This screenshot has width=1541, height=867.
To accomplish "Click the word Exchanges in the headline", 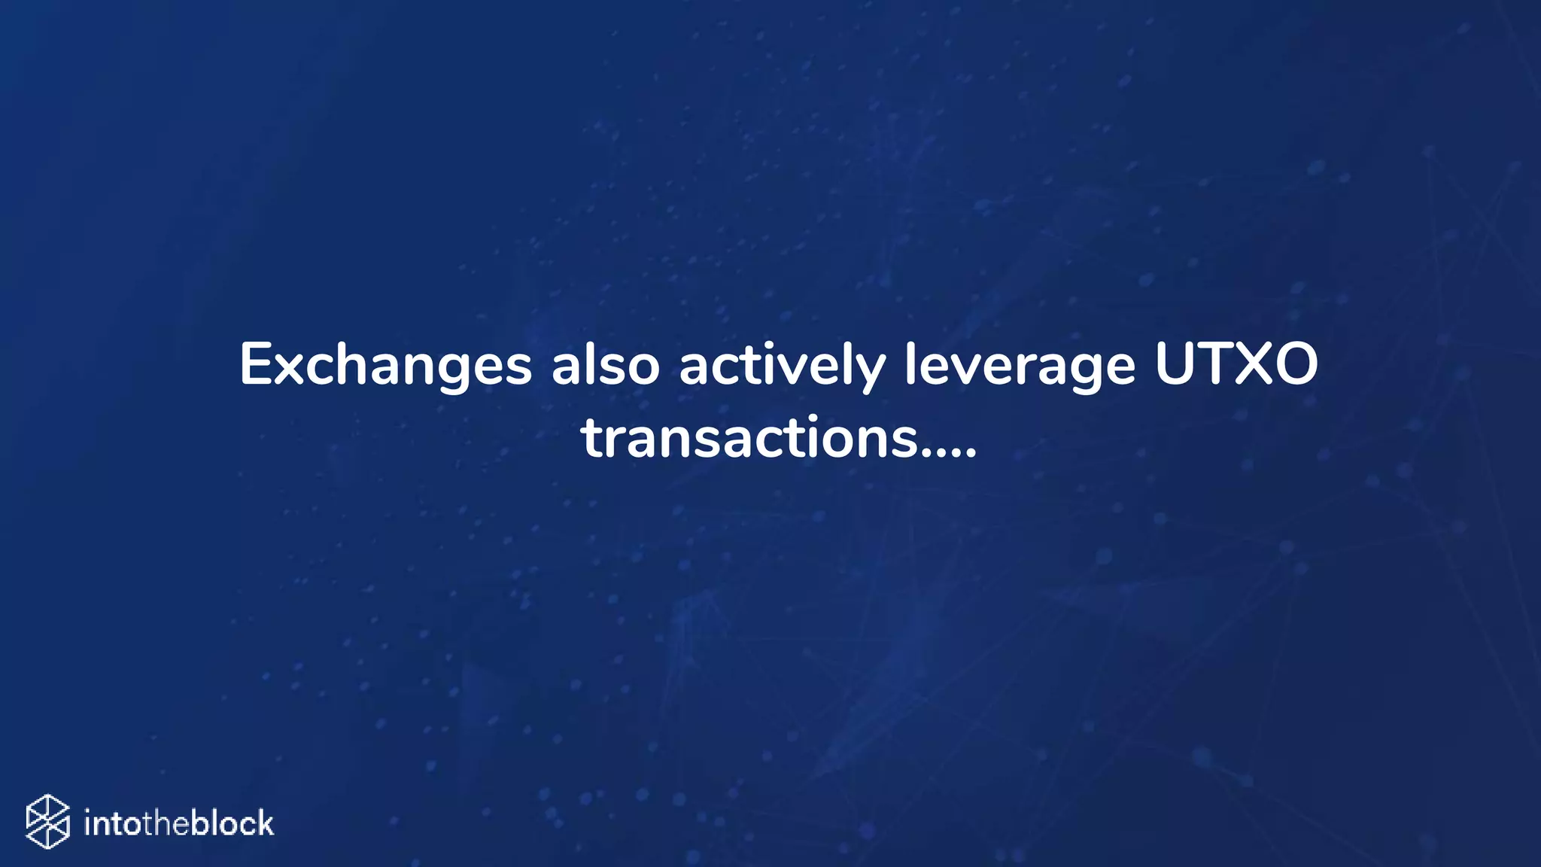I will (385, 366).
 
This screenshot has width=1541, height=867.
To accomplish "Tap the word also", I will (606, 366).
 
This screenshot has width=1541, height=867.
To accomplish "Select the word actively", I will (782, 366).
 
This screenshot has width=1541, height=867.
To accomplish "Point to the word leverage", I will (1019, 366).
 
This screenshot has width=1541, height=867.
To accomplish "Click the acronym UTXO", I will (1236, 364).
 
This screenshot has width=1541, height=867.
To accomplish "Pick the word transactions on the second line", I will (749, 438).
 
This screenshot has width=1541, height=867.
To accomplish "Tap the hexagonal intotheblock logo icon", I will (48, 821).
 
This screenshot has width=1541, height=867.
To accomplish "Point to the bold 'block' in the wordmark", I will (233, 823).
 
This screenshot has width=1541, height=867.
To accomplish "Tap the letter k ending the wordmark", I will (264, 823).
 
